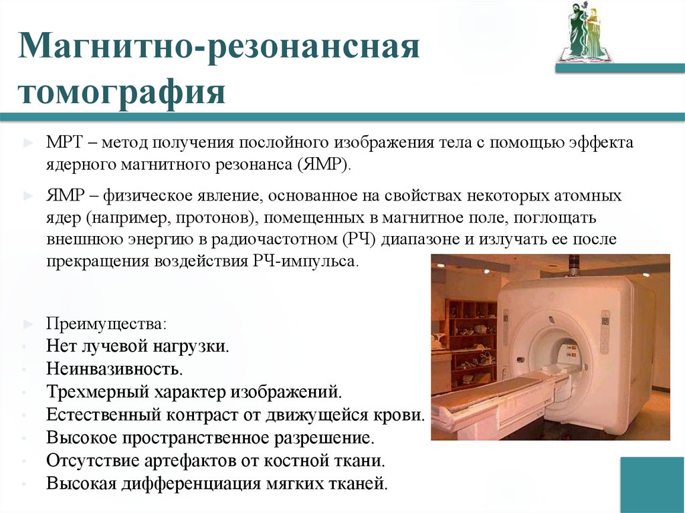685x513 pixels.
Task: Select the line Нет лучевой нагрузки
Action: click(138, 346)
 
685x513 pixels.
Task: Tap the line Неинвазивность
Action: click(114, 369)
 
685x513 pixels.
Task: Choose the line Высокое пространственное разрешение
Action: click(209, 437)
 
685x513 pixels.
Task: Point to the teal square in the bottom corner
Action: click(652, 484)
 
